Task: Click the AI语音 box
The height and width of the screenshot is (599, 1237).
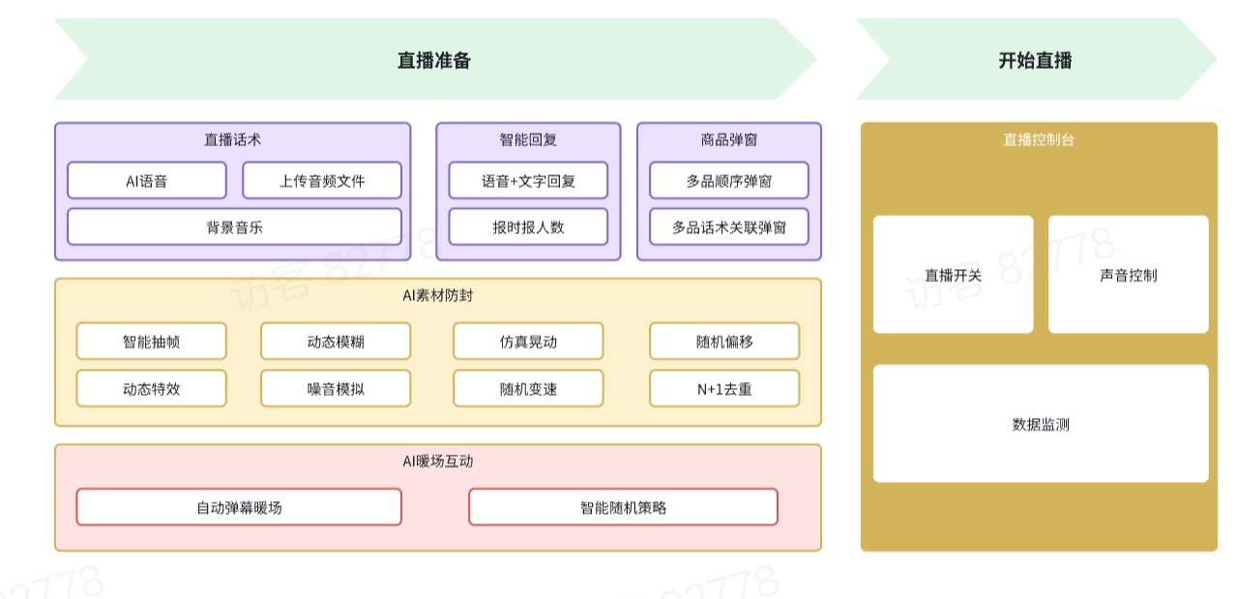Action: pos(146,181)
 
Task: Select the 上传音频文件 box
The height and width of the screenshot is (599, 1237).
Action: pos(322,181)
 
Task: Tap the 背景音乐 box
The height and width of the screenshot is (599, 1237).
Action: pos(234,227)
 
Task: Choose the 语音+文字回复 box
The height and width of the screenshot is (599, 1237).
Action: pos(528,181)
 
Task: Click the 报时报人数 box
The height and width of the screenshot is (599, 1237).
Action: pos(528,227)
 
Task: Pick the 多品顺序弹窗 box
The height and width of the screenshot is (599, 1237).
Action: pos(729,181)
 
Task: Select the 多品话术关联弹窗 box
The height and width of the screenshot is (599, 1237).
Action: pos(729,227)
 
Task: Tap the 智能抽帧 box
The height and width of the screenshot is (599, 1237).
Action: pos(151,342)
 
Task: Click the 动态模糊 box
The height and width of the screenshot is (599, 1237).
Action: pos(336,342)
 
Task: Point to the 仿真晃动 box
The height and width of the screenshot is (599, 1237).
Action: pos(528,342)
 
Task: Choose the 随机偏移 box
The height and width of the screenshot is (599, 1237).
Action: pos(724,342)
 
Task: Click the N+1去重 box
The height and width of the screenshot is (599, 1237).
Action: pos(724,389)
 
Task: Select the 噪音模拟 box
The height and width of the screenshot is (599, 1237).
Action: pos(336,389)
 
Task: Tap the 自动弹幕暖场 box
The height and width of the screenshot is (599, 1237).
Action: pos(239,507)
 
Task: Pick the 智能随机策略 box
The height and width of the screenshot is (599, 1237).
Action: pos(623,507)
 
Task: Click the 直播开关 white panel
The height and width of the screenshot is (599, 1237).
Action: pos(953,275)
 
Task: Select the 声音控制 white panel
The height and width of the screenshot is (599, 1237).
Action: pos(1128,275)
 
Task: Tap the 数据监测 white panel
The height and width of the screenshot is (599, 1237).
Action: pos(1041,424)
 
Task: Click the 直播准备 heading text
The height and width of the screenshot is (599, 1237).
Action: pos(434,60)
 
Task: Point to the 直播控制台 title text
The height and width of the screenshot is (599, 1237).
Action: pos(1039,139)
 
